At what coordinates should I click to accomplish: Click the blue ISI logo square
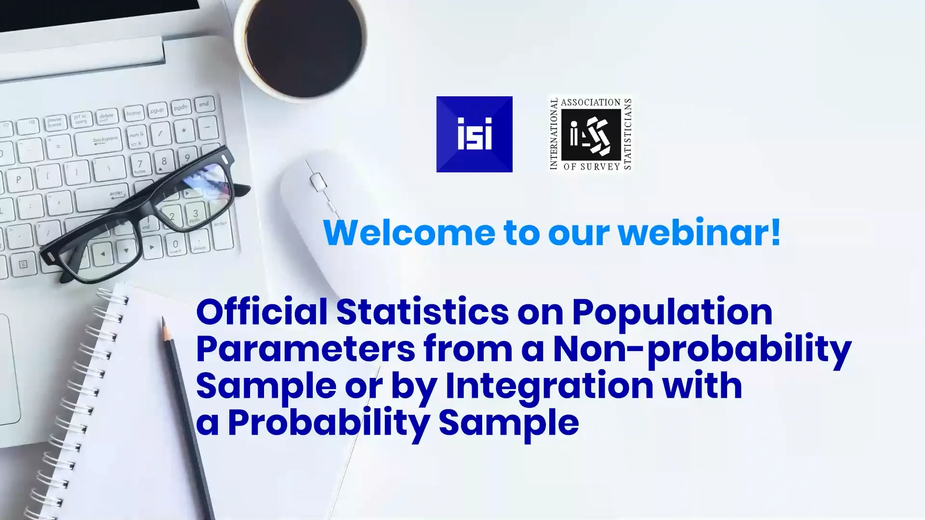pos(474,134)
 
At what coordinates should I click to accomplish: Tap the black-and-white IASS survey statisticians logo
pos(591,134)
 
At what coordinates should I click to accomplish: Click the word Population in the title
pos(672,312)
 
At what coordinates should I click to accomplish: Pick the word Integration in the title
pos(549,386)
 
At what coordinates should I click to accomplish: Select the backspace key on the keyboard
pos(105,140)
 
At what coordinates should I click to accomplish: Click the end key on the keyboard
pos(204,104)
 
